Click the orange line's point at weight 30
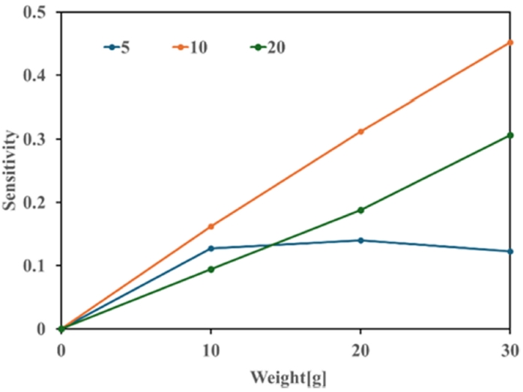pos(510,42)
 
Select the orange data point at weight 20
pos(360,131)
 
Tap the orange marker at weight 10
pos(211,226)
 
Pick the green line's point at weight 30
pos(510,135)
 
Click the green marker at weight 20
pos(360,210)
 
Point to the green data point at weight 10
pos(211,269)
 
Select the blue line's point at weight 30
pos(510,251)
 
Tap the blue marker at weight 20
pos(360,241)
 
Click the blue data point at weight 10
pos(211,248)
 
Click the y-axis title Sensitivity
pos(11,170)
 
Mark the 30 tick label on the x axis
pos(510,349)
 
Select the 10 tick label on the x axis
pos(211,349)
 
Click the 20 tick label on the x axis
pos(360,349)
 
